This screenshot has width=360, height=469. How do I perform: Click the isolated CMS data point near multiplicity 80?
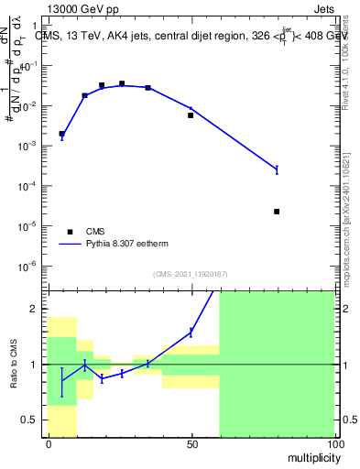(x=277, y=212)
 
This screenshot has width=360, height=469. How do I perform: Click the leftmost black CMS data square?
(x=61, y=134)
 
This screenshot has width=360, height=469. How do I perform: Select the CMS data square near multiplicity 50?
(x=191, y=115)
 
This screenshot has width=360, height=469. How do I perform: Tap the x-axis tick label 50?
(x=191, y=444)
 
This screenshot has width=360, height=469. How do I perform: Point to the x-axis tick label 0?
(x=48, y=444)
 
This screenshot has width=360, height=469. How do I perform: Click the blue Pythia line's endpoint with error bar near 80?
(x=277, y=169)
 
